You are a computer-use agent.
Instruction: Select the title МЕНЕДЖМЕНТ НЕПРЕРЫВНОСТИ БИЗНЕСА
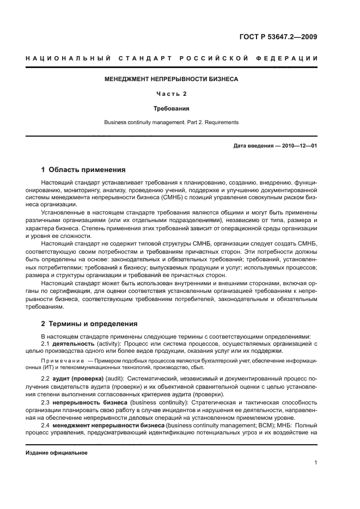[x=171, y=79]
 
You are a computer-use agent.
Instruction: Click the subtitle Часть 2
[x=171, y=94]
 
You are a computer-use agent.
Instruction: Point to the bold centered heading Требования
[x=171, y=108]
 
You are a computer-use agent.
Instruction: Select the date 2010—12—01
[x=299, y=146]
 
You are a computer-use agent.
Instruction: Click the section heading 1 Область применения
[x=83, y=169]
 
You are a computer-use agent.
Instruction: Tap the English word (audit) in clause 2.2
[x=116, y=378]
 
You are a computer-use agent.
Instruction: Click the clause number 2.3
[x=47, y=402]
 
